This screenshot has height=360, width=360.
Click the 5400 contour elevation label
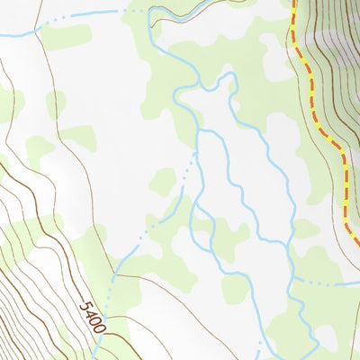(92, 317)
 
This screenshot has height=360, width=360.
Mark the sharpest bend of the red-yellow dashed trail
(343, 154)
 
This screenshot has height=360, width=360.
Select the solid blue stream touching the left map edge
(13, 34)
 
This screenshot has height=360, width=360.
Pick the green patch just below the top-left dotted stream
(67, 38)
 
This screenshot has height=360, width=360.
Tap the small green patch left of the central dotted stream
(163, 182)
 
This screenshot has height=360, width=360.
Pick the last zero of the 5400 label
(98, 328)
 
